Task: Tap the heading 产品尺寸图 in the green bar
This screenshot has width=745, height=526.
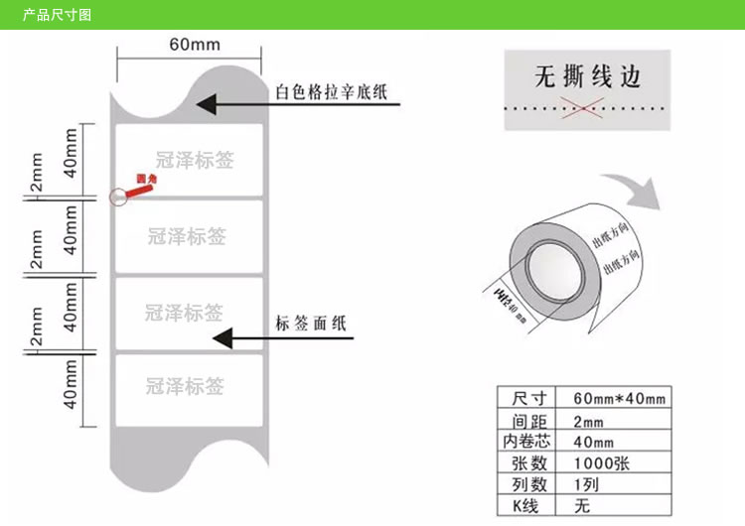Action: tap(57, 15)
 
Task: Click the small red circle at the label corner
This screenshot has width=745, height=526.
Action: tap(118, 197)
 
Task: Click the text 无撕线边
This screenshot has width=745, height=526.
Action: tap(588, 76)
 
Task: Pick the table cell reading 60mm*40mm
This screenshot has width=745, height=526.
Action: tap(620, 398)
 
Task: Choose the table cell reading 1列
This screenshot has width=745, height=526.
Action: tap(587, 484)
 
